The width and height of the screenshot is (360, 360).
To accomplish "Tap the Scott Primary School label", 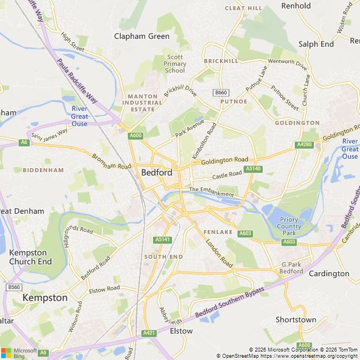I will coord(175,64).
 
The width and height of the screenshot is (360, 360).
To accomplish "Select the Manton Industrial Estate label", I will coord(142,102).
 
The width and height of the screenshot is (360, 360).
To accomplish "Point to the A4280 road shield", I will coord(304,145).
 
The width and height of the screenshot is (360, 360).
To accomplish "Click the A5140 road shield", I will coord(253,169).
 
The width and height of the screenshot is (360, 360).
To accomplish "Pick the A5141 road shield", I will coord(162,240).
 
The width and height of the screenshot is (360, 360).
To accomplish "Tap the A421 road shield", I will coord(149,333).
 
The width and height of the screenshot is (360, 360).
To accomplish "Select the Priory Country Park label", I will coord(289,226).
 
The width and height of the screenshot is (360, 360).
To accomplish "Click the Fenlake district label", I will coord(218,232).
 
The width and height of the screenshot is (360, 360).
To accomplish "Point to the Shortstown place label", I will coord(296,319).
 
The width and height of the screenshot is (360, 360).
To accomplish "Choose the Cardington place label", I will coord(329,273).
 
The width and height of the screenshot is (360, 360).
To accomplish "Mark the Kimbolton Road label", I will coord(204,141).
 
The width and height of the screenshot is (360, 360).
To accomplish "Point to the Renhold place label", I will coord(296,6).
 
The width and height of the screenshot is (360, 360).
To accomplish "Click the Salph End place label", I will coord(316,44).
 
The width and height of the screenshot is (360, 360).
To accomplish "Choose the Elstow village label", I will coord(181,331).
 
